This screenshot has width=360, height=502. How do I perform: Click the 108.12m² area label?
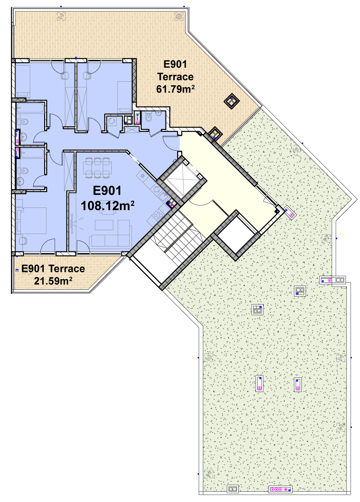point(107,206)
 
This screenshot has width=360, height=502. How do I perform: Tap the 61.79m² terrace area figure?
point(175,89)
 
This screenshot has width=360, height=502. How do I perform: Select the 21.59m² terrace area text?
point(53,281)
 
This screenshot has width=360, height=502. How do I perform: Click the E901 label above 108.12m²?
point(107,191)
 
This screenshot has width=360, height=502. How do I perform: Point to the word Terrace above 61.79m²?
point(175,77)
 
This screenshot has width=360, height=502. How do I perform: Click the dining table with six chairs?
point(97,168)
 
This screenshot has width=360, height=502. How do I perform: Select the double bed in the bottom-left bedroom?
point(31,221)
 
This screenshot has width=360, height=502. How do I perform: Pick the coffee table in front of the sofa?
point(104,225)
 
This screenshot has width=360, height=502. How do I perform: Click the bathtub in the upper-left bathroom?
point(30,108)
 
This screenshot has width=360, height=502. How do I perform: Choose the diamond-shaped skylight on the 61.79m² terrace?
point(231,101)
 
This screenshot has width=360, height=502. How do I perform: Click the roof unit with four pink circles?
point(280,490)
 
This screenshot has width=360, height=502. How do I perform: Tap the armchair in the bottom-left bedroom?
point(22,241)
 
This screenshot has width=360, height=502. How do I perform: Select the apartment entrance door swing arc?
point(171,143)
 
